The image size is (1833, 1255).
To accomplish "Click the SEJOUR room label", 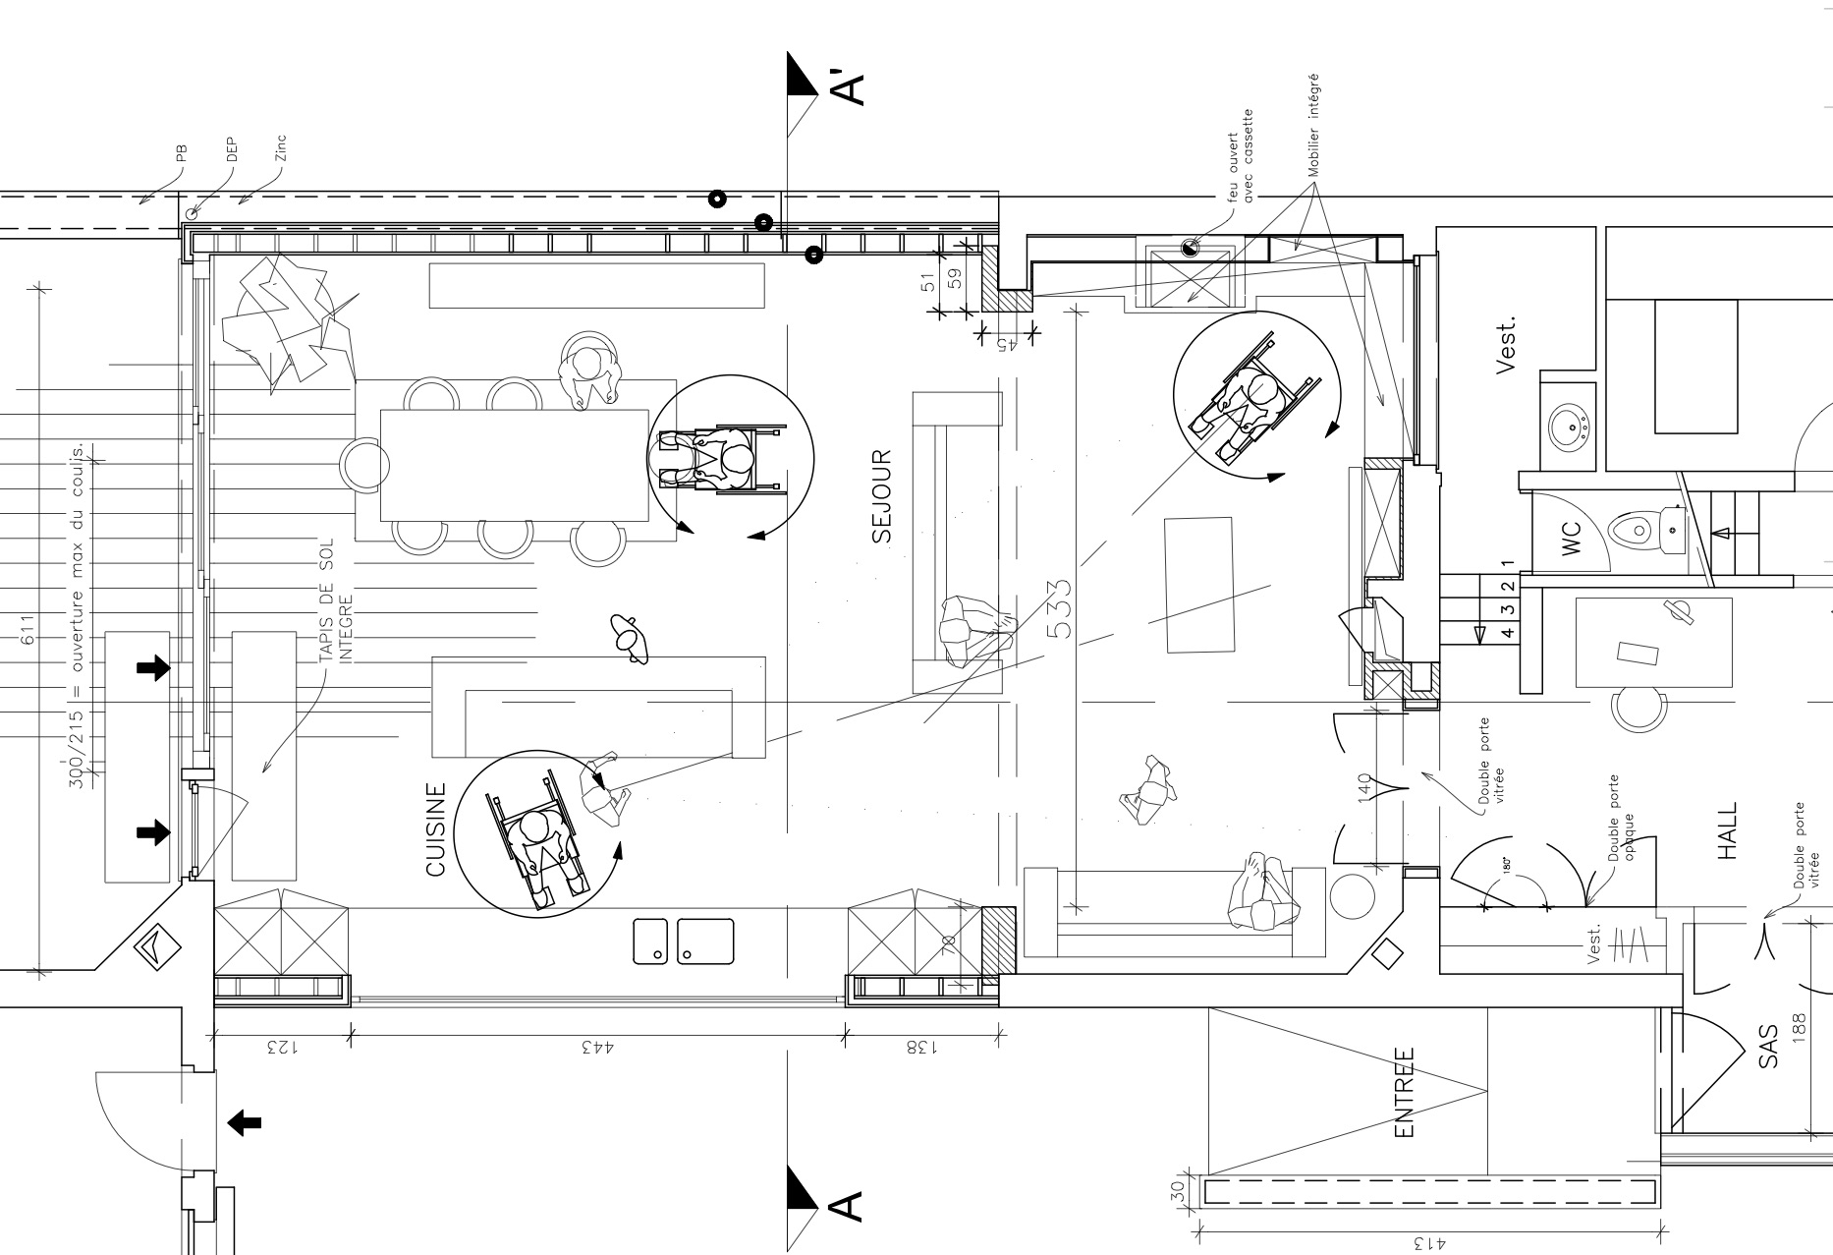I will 881,496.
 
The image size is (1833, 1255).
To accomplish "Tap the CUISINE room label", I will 436,829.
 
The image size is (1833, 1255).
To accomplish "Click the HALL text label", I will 1728,831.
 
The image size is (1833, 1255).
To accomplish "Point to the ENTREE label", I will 1405,1092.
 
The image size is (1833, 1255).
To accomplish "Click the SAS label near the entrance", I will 1768,1048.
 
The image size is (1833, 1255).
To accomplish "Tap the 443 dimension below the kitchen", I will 596,1048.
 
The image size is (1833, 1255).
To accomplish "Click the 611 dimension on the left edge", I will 28,629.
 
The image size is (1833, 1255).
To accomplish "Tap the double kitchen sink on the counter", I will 684,941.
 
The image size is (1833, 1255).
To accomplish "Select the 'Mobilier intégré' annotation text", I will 1313,125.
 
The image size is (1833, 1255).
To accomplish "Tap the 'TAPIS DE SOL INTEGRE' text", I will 334,599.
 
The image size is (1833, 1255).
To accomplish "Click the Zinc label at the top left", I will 281,148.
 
